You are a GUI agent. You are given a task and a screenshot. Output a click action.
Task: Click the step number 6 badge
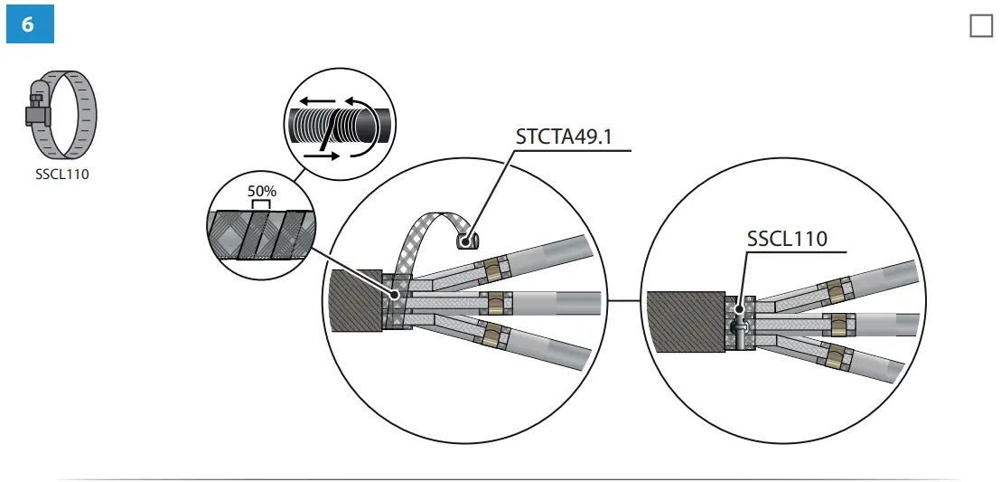click(x=29, y=24)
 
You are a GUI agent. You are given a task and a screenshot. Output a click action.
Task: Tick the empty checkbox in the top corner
click(x=980, y=25)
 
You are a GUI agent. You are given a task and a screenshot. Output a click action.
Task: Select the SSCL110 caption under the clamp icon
click(x=62, y=175)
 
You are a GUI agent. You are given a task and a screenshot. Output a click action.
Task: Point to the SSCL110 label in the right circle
click(x=787, y=240)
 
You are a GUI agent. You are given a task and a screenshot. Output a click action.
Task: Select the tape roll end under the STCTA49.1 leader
click(x=467, y=241)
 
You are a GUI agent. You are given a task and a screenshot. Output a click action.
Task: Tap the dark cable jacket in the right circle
click(x=685, y=321)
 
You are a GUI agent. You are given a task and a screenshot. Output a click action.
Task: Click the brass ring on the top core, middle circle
click(x=492, y=269)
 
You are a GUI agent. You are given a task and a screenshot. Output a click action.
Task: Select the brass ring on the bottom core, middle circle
click(x=492, y=334)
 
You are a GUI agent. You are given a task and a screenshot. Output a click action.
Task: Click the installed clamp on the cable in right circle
click(x=740, y=324)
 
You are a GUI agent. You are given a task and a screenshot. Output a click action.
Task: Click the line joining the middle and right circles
click(x=623, y=300)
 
